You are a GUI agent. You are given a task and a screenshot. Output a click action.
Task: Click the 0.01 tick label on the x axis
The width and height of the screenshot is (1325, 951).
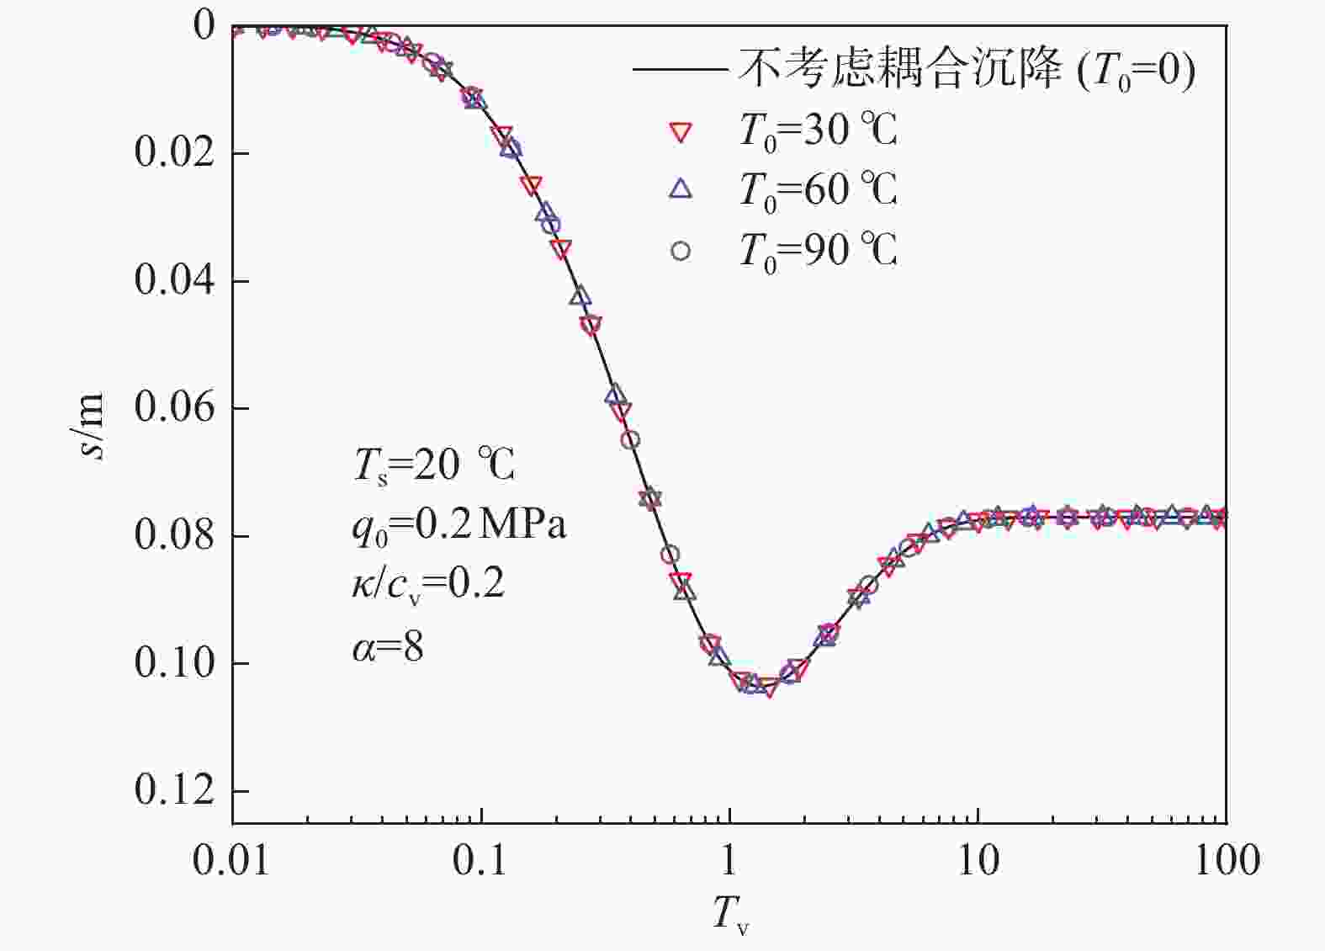click(x=231, y=860)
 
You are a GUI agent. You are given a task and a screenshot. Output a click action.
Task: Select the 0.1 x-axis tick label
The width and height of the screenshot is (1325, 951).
click(x=480, y=860)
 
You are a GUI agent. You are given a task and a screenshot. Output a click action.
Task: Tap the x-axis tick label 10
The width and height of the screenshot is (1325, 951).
click(x=978, y=860)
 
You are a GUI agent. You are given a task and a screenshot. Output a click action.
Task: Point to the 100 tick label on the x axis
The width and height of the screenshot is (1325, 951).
click(x=1226, y=860)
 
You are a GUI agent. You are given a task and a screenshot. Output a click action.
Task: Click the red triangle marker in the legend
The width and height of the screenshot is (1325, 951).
click(x=681, y=132)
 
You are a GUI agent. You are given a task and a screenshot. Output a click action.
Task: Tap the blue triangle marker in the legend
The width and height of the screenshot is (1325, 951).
click(x=681, y=189)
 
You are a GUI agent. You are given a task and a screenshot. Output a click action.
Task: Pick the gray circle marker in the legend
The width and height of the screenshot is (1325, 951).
click(x=681, y=251)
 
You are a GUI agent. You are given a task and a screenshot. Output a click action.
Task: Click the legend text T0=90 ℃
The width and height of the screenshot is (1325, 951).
click(x=817, y=251)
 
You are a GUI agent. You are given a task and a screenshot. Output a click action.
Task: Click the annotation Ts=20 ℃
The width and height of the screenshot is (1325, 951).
click(x=434, y=465)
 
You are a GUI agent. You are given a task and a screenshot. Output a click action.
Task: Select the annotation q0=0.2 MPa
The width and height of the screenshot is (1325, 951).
click(x=459, y=526)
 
